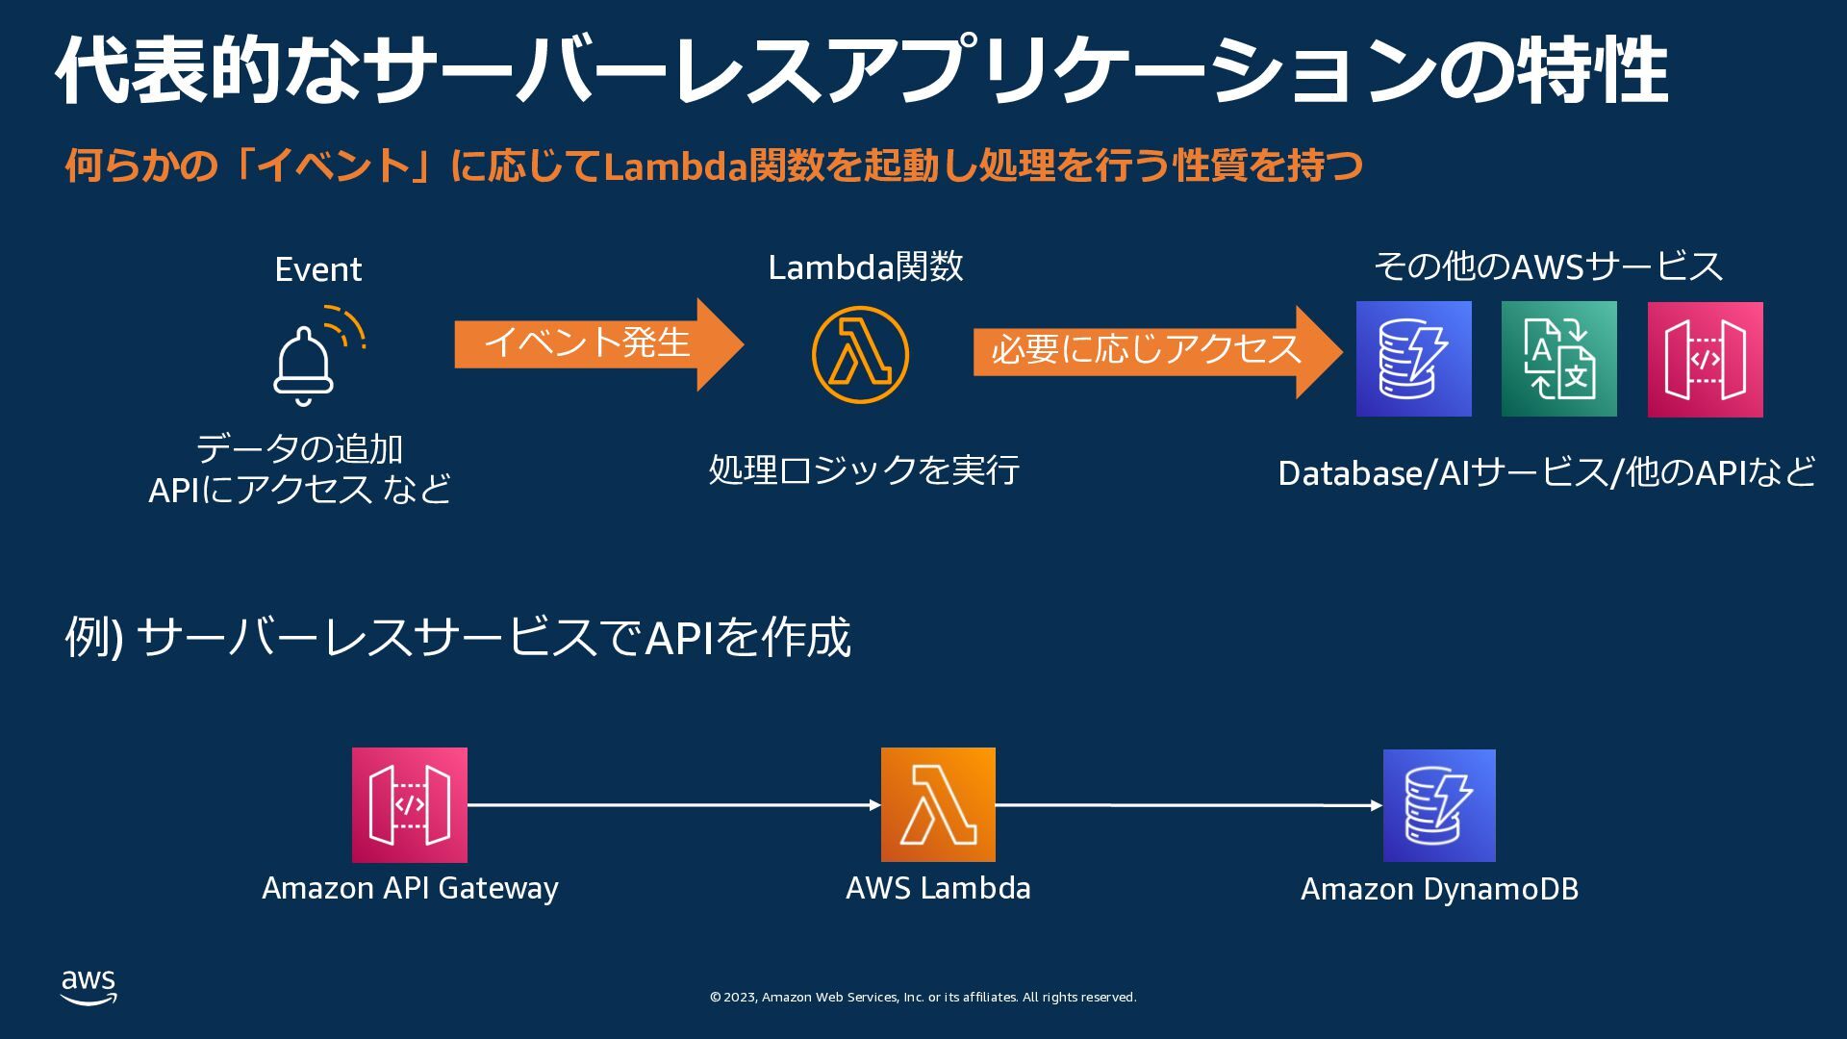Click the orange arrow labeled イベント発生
coord(596,343)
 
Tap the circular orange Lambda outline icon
coord(860,355)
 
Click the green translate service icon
coord(1558,359)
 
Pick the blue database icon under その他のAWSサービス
coord(1413,359)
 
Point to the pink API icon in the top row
coord(1705,359)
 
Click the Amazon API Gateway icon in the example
coord(409,804)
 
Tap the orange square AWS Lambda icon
coord(938,804)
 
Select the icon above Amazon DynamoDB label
coord(1439,805)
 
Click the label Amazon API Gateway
coord(410,888)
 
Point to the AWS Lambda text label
coord(938,888)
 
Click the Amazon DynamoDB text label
coord(1439,889)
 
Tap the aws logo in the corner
coord(89,987)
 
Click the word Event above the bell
coord(318,269)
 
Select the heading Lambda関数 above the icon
coord(866,266)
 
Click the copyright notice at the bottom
coord(923,998)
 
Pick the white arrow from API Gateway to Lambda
coord(673,804)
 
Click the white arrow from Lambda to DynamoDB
coord(1188,804)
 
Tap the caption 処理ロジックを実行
coord(864,470)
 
